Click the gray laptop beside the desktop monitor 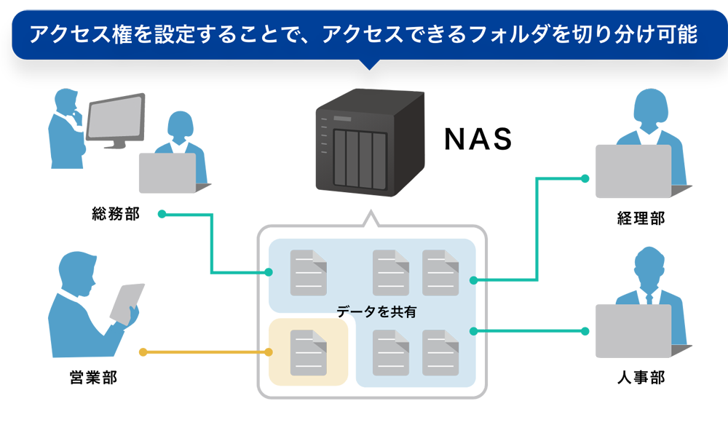[x=167, y=172]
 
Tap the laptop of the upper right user [x=633, y=171]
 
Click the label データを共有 [x=376, y=312]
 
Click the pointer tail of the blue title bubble [x=370, y=65]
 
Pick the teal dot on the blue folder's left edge [x=269, y=272]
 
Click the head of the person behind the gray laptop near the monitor [x=181, y=127]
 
